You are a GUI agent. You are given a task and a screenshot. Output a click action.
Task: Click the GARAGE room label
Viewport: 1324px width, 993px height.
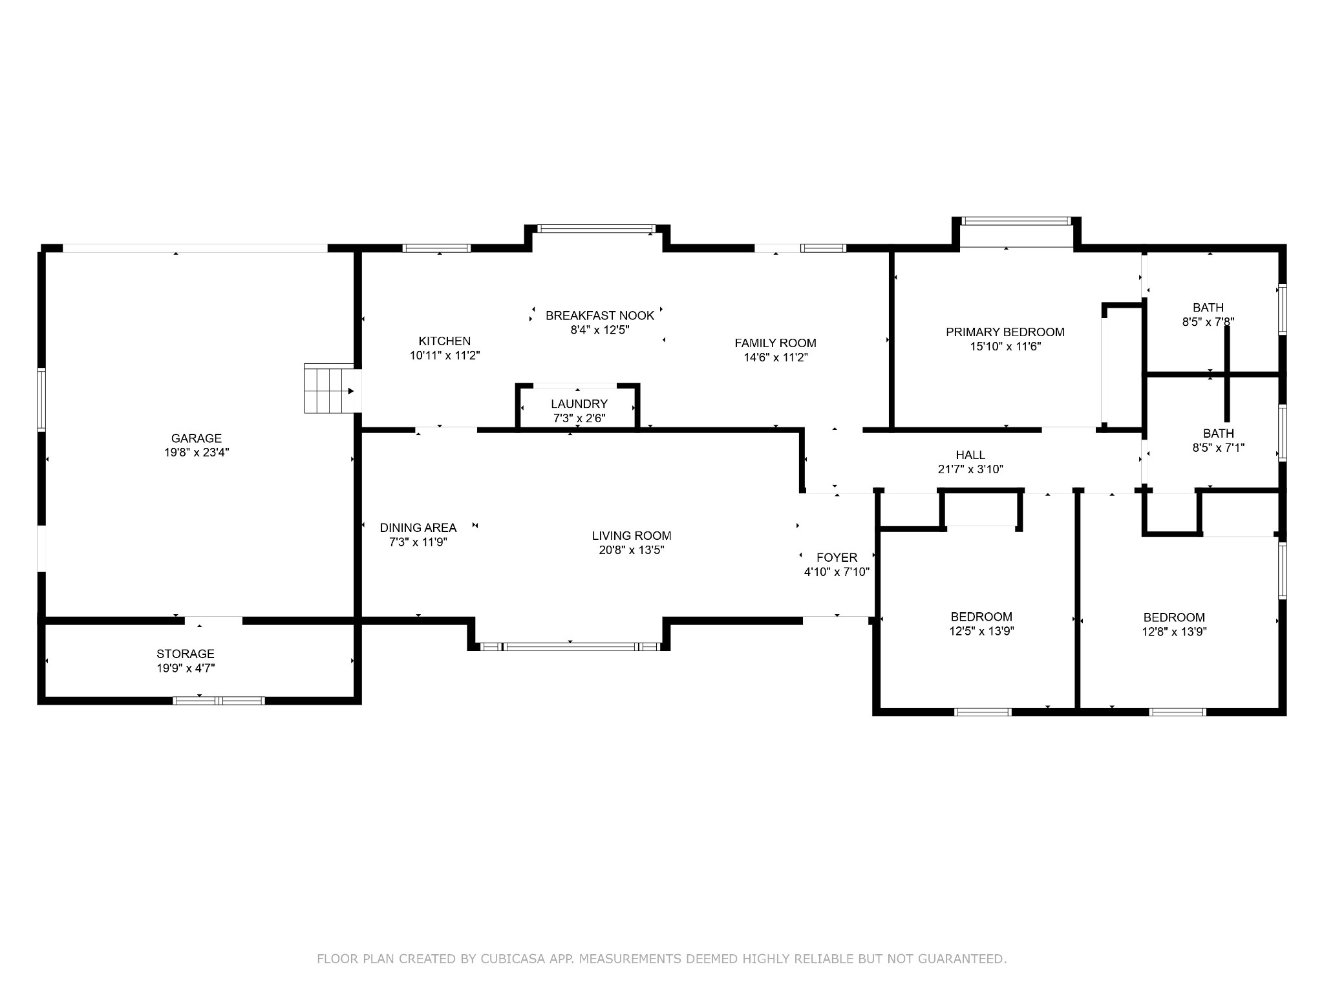(197, 438)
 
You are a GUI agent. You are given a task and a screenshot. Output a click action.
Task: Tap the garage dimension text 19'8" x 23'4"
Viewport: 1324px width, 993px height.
(197, 453)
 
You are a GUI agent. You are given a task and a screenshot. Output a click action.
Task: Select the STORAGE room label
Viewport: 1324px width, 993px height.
(186, 654)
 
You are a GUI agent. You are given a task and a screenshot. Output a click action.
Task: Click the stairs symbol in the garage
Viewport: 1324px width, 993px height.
(329, 388)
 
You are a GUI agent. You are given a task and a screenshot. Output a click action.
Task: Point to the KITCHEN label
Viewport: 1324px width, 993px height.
(445, 341)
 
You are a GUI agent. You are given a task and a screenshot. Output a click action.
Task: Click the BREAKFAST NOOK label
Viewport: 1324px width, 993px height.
(600, 315)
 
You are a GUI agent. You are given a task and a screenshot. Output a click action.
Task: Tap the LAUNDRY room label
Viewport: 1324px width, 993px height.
(579, 404)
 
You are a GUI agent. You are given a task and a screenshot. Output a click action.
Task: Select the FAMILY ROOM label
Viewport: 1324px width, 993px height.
(776, 343)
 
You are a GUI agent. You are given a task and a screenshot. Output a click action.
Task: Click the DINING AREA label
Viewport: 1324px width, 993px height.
(418, 528)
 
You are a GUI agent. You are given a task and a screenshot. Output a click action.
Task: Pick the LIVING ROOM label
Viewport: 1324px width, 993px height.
(632, 536)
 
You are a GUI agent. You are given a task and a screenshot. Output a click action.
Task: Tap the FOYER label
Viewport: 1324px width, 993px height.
(837, 557)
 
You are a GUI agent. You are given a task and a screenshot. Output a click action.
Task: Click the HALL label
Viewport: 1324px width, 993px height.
(970, 455)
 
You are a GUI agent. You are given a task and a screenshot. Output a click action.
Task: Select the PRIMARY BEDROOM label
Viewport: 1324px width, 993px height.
(1005, 332)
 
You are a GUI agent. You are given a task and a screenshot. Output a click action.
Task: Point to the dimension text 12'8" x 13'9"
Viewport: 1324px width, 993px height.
(1174, 632)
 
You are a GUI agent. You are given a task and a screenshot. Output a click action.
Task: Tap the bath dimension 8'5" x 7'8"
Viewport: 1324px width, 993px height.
(1208, 321)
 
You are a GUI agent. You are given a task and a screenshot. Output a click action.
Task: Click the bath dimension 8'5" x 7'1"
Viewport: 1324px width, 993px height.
(1219, 447)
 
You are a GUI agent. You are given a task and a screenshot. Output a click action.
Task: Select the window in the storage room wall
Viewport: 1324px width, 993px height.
(219, 700)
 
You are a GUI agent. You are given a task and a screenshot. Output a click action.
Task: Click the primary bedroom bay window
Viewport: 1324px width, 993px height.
(1016, 221)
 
